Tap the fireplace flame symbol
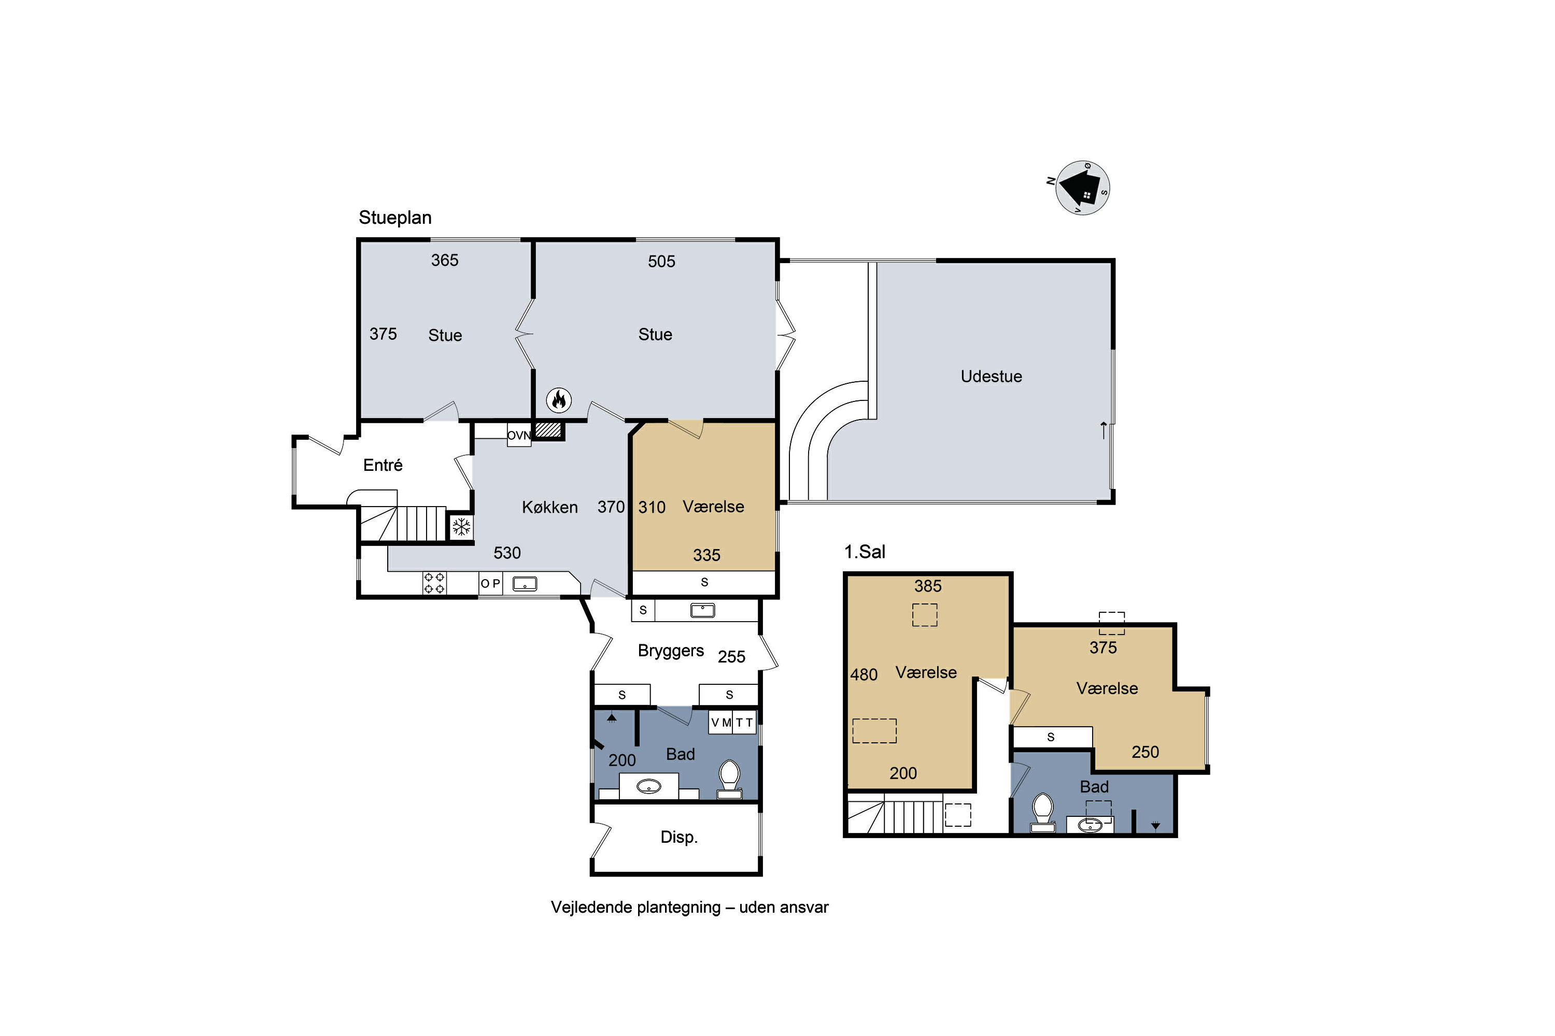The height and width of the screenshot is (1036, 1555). [559, 400]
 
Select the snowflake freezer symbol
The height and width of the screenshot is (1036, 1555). [461, 527]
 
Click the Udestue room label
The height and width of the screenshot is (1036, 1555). [991, 376]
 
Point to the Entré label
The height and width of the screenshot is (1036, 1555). [383, 465]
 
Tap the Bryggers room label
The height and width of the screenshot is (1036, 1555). [670, 651]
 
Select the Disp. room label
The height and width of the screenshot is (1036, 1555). [679, 837]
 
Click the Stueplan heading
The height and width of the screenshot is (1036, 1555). [394, 218]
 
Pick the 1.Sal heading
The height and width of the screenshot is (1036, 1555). [864, 552]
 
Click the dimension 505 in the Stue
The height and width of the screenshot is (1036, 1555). [661, 262]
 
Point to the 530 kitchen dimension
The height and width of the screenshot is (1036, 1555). [507, 553]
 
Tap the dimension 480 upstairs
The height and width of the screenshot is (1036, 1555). [864, 674]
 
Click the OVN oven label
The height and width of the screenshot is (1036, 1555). [519, 436]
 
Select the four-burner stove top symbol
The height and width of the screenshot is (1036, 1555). [434, 583]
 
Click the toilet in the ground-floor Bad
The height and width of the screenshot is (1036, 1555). [729, 780]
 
